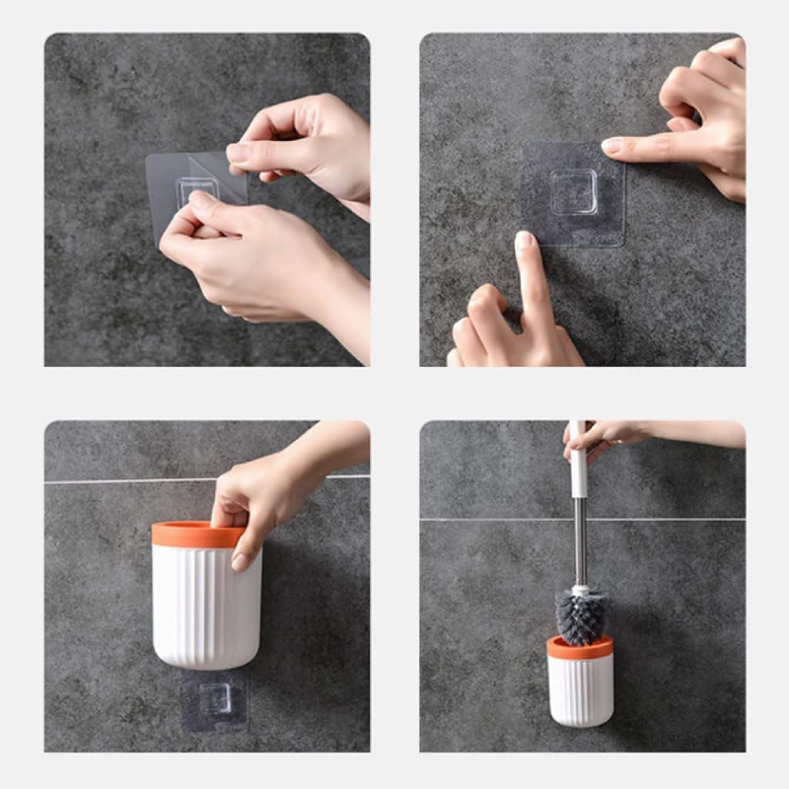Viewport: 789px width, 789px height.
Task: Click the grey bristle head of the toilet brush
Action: (579, 617)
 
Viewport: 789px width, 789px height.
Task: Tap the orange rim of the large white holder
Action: (197, 534)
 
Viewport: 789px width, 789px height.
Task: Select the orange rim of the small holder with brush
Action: (580, 649)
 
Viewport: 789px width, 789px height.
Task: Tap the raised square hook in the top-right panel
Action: (573, 191)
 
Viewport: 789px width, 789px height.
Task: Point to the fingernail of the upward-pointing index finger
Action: (524, 241)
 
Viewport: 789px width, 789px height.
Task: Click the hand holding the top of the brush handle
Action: (602, 435)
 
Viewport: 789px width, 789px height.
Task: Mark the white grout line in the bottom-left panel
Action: (118, 481)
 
